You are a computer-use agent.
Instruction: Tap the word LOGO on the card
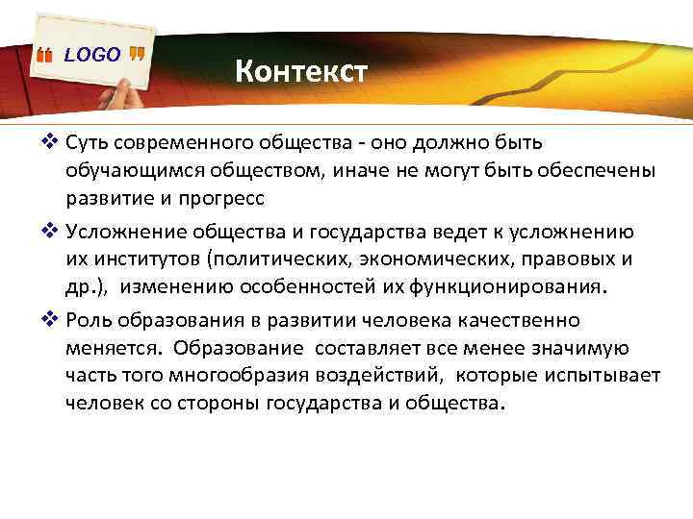click(x=92, y=55)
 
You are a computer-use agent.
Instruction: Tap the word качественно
click(x=525, y=320)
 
